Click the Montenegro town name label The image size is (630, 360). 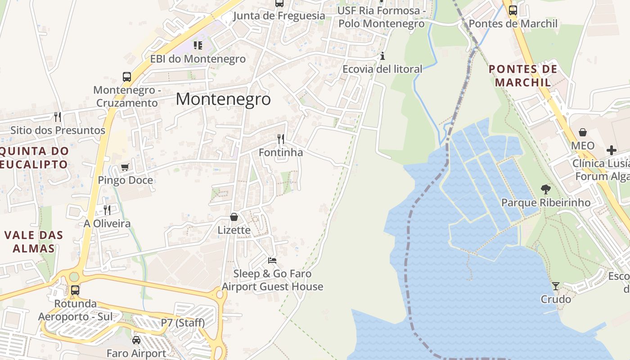223,99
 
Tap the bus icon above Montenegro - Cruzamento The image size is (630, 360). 127,77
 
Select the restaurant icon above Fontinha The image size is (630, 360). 281,139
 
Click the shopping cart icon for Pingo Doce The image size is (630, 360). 125,167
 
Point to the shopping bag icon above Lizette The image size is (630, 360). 234,217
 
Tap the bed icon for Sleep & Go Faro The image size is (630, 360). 272,261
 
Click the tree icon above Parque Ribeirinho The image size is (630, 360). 546,189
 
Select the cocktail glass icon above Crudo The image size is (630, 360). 556,286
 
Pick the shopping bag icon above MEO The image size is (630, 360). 583,132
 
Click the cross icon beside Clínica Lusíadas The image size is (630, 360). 612,150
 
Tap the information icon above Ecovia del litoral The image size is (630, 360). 382,56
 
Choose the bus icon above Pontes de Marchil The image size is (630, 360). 513,10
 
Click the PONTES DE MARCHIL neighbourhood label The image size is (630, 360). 523,76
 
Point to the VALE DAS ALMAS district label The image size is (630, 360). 34,242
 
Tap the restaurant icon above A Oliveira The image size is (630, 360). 107,210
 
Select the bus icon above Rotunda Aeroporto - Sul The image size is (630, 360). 75,290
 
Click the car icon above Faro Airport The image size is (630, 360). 136,340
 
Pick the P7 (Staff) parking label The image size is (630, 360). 183,323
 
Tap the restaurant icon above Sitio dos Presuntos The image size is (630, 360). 58,117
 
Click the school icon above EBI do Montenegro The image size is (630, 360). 198,45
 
